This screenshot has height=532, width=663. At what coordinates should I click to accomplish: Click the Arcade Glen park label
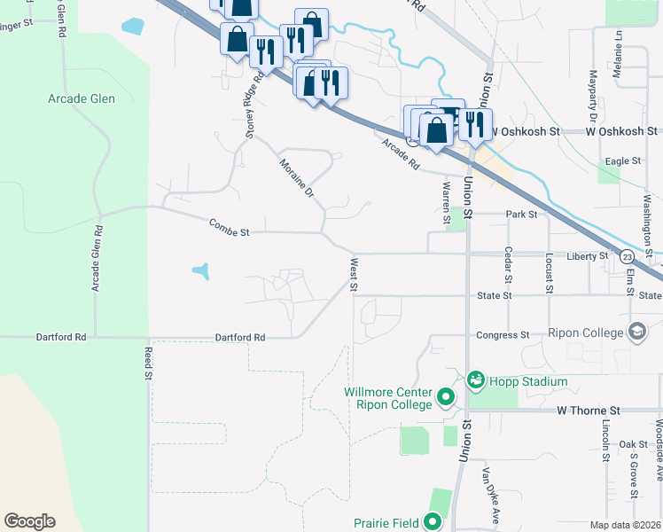tap(82, 98)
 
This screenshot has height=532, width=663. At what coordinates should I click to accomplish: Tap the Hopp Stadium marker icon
tap(476, 381)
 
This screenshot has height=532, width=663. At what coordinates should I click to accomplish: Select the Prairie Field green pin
tap(433, 521)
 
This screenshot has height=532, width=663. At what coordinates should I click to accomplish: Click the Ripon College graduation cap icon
tap(636, 332)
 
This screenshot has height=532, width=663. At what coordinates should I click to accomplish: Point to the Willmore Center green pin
tap(446, 398)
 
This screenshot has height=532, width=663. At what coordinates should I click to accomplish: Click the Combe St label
tap(230, 228)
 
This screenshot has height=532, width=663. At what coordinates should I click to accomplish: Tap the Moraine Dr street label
tap(297, 177)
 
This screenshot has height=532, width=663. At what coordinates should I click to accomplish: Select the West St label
tap(354, 274)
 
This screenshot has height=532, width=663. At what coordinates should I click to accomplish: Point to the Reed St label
tap(148, 363)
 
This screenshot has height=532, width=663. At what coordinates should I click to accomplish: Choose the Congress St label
tap(502, 335)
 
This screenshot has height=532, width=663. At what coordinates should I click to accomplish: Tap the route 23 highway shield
tap(627, 256)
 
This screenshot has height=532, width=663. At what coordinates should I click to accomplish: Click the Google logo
tap(29, 521)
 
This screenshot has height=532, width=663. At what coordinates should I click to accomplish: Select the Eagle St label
tap(622, 160)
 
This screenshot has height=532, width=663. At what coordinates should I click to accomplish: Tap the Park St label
tap(522, 215)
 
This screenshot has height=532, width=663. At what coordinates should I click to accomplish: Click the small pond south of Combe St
tap(201, 270)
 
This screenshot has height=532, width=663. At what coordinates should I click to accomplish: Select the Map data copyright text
tap(625, 525)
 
